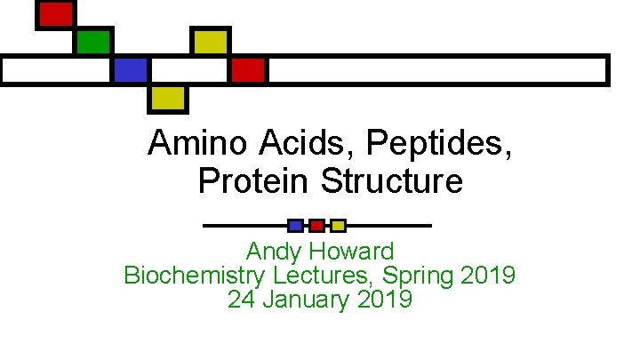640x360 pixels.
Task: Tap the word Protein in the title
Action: (255, 181)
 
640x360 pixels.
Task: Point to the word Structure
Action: (392, 181)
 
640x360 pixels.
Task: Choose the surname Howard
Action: (354, 252)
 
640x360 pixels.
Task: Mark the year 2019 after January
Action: (384, 300)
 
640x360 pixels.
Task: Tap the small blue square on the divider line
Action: (296, 226)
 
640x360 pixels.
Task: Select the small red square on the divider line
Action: (316, 226)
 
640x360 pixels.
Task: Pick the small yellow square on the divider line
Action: (338, 226)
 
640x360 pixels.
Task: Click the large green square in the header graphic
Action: (92, 42)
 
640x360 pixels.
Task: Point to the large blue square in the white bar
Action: (130, 69)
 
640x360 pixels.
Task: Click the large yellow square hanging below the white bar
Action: (167, 98)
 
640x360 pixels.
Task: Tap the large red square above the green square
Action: (55, 14)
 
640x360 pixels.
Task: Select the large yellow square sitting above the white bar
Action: (211, 42)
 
